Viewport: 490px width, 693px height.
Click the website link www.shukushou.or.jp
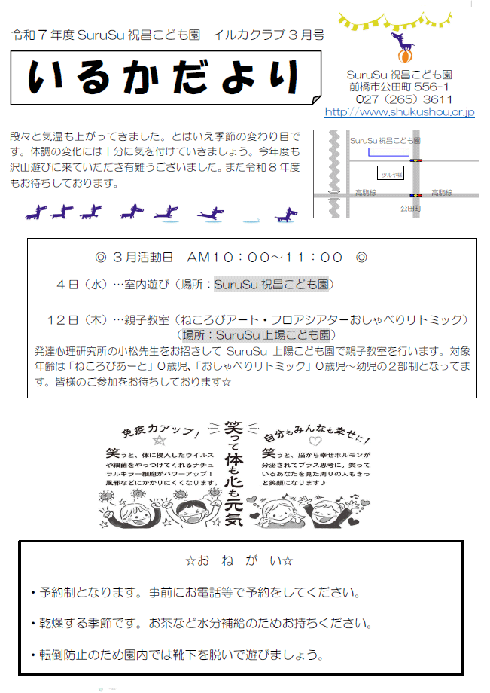400,112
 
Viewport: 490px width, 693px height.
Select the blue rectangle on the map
388,152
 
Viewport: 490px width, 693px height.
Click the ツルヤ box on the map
391,173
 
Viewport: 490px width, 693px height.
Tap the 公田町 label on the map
410,207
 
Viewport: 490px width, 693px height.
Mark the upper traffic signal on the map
415,160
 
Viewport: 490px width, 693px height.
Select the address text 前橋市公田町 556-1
400,87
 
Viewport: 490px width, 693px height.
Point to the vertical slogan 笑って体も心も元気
242,475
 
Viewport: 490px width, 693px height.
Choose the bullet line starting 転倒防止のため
181,655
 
